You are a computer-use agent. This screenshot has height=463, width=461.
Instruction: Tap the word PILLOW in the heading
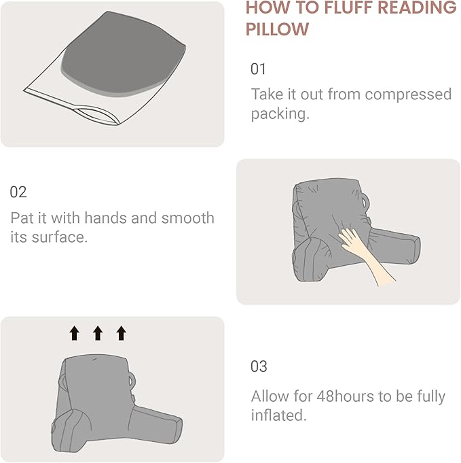click(277, 30)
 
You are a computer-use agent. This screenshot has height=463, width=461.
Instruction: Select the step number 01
click(259, 69)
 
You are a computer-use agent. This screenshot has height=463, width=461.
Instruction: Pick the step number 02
click(18, 192)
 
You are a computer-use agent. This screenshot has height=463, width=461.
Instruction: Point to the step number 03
click(259, 366)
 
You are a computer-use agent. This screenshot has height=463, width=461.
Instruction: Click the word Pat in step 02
click(22, 218)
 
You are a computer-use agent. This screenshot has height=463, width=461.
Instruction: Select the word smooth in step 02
click(187, 218)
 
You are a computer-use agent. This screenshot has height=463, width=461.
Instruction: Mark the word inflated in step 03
click(278, 415)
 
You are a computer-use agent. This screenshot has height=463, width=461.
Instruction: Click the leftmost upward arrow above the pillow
click(74, 332)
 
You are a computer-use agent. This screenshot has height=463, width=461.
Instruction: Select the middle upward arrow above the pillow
click(98, 332)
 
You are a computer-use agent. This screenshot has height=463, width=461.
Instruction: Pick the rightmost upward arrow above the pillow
click(121, 332)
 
